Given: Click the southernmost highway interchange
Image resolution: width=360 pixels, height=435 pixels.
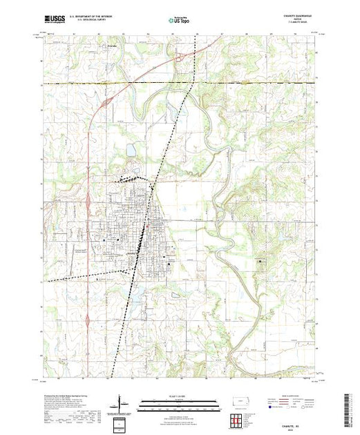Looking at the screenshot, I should coord(88,322).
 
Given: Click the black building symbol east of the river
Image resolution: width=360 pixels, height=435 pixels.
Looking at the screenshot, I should coord(260,262).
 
